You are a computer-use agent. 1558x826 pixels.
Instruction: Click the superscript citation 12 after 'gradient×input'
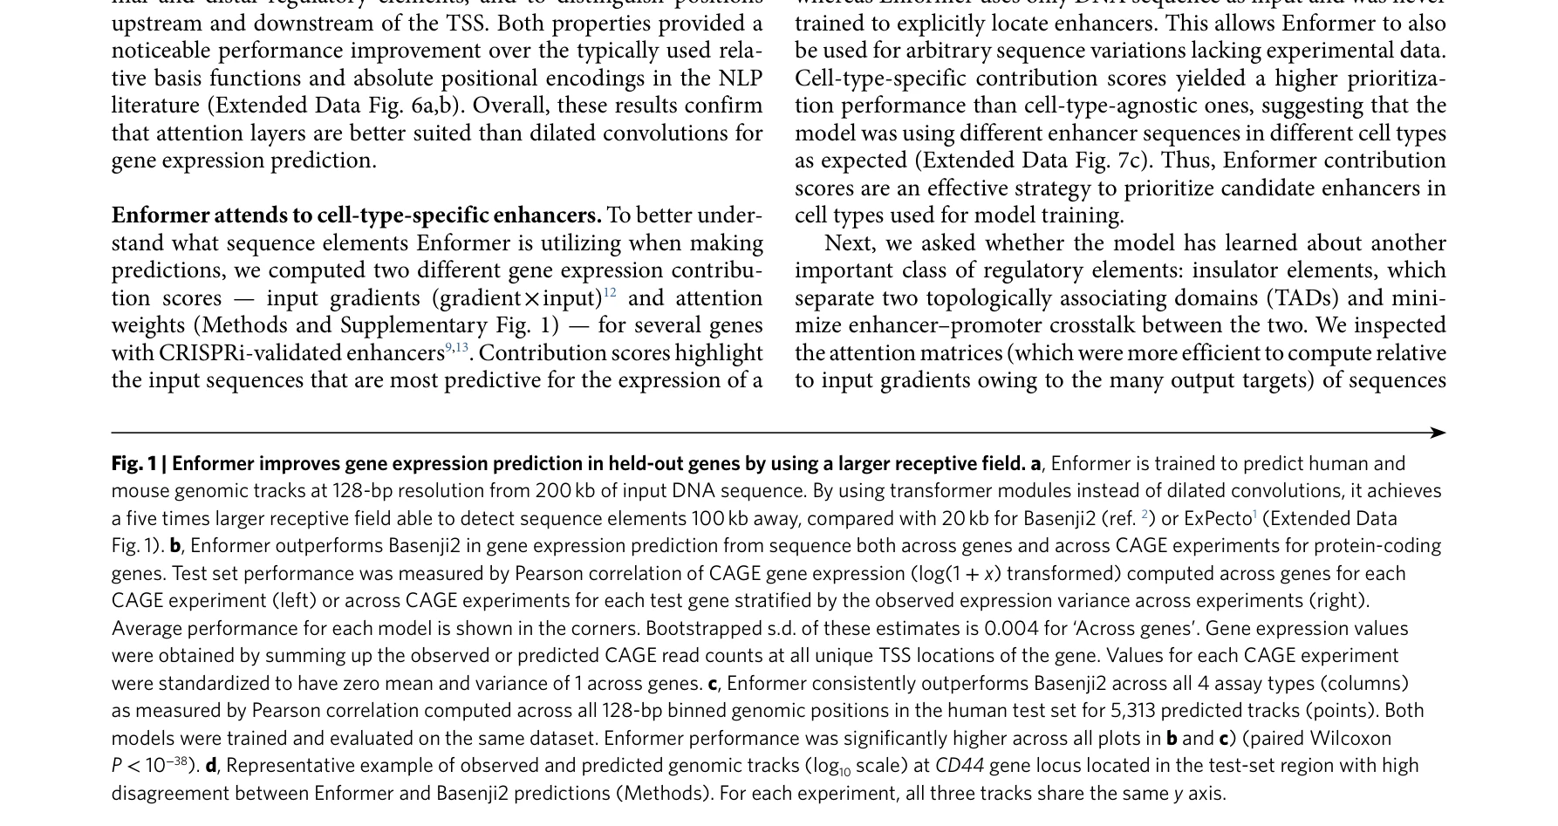[610, 293]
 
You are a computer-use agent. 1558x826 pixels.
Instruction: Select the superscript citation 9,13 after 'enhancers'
[457, 348]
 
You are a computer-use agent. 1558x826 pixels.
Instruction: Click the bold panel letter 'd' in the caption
[211, 766]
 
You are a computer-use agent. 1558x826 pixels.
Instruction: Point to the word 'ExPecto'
[1218, 518]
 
